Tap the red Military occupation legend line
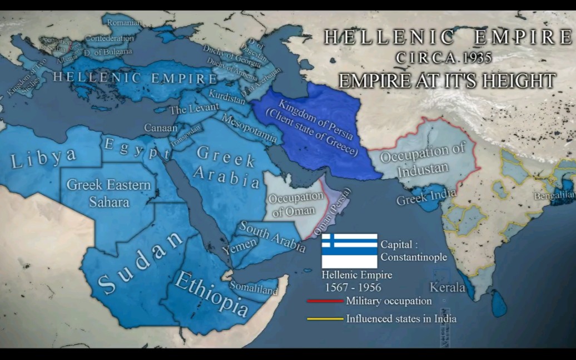tap(325, 301)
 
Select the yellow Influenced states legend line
tap(325, 319)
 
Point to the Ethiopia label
tap(211, 294)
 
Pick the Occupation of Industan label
tap(422, 160)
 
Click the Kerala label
tap(448, 288)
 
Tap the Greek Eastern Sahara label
tap(108, 193)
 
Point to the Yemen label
tap(240, 246)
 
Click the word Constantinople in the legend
tap(414, 257)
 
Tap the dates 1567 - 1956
tap(353, 287)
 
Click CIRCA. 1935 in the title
tap(444, 57)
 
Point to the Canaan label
tap(161, 128)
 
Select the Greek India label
tap(426, 196)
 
